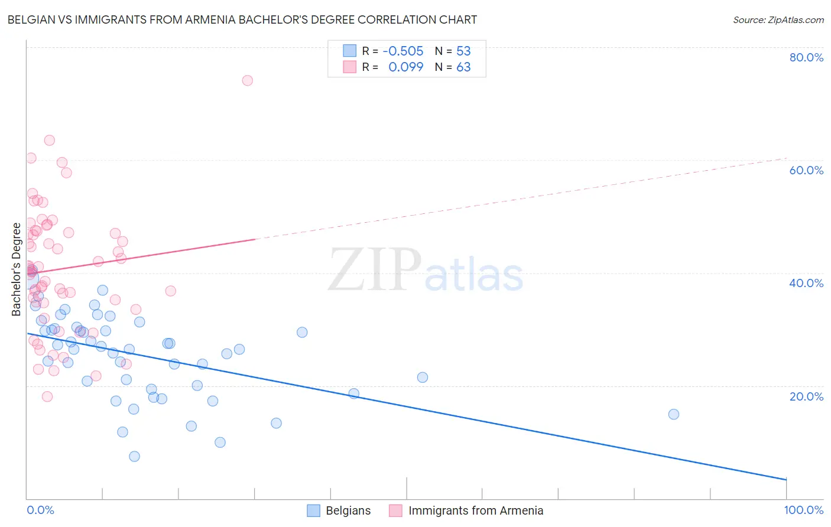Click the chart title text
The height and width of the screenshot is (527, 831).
click(x=242, y=19)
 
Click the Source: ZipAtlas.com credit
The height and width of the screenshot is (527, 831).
click(x=778, y=19)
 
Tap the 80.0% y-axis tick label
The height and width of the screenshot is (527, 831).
click(x=806, y=57)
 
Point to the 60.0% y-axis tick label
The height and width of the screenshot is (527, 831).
click(x=806, y=170)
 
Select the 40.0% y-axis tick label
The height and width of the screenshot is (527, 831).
click(x=806, y=283)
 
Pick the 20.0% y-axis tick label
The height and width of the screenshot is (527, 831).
click(x=806, y=396)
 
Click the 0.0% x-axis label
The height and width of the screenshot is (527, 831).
click(x=40, y=510)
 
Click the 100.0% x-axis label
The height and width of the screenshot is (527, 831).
click(x=803, y=510)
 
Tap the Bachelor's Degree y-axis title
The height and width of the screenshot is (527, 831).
click(x=16, y=269)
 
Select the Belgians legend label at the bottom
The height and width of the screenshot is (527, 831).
click(x=348, y=510)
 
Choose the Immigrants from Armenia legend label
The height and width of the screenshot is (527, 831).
click(x=475, y=510)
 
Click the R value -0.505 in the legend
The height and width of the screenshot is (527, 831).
click(x=403, y=51)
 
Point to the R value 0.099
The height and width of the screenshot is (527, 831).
click(x=405, y=67)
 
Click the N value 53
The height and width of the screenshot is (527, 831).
click(x=463, y=51)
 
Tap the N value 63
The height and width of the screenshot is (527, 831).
click(x=463, y=67)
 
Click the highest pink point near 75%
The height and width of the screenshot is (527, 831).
click(x=248, y=80)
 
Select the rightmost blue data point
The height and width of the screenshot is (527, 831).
click(x=673, y=414)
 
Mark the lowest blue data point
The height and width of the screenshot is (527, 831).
click(x=134, y=456)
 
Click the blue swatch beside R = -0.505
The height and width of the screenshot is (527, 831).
click(x=350, y=51)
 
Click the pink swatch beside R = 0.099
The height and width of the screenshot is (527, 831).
click(x=350, y=67)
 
